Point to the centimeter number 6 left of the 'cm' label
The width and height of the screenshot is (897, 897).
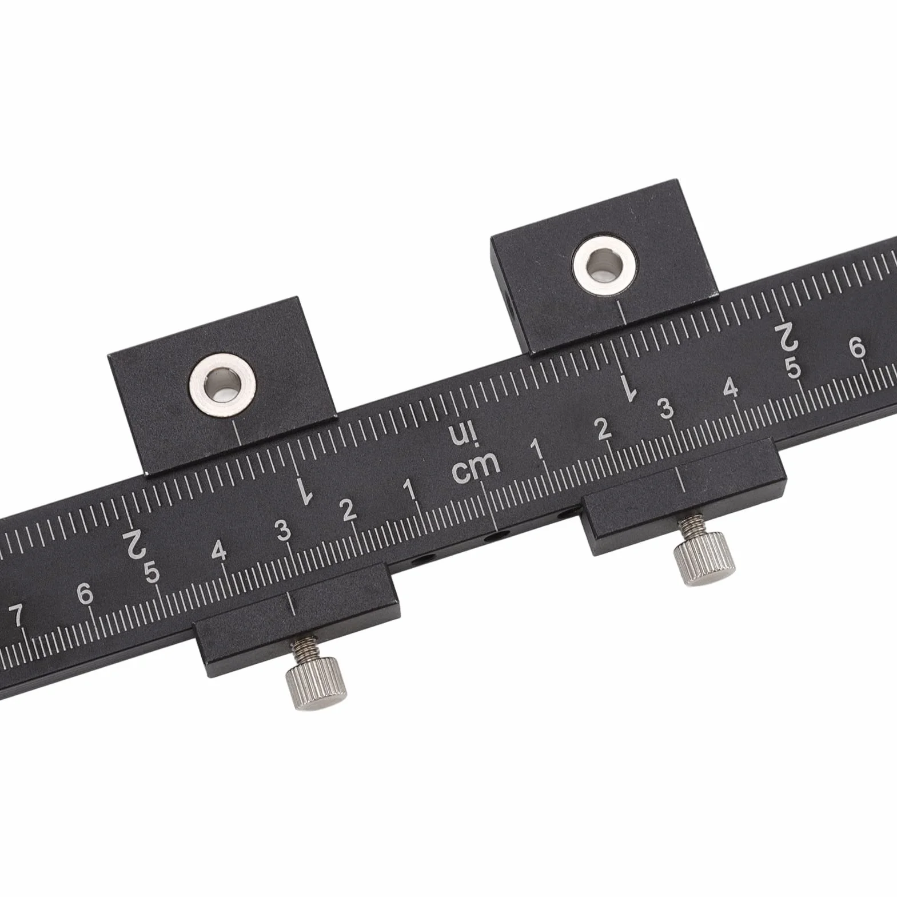(x=85, y=594)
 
